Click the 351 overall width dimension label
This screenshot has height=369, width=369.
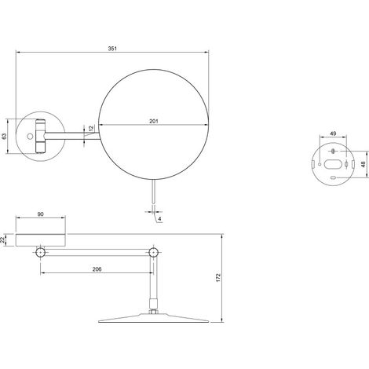point(112,49)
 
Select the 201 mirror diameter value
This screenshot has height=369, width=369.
point(154,121)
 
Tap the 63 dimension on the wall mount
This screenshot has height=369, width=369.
point(4,136)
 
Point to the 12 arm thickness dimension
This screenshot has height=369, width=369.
point(91,129)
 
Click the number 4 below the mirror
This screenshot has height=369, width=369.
point(159,219)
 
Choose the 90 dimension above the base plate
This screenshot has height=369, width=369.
point(41,214)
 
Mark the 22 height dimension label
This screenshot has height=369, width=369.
point(2,239)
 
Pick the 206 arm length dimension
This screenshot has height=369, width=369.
point(97,269)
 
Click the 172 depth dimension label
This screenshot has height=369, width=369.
point(218,277)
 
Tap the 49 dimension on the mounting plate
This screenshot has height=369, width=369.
point(333,133)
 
